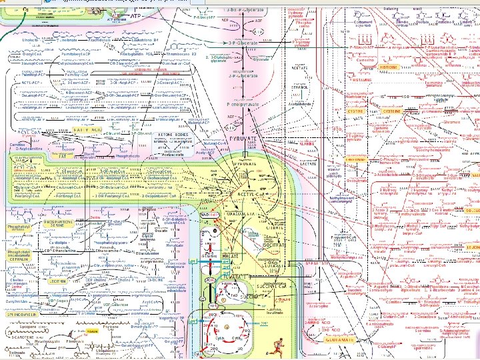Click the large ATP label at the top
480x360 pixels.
click(135, 15)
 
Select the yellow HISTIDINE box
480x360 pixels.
click(388, 67)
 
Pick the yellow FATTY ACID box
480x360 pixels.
click(87, 129)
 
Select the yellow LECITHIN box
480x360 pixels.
click(25, 283)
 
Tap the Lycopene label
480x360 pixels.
click(23, 329)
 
